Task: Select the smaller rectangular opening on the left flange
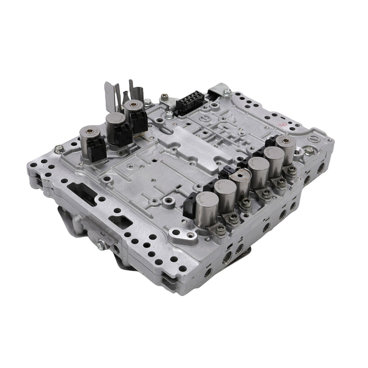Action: tap(120, 221)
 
